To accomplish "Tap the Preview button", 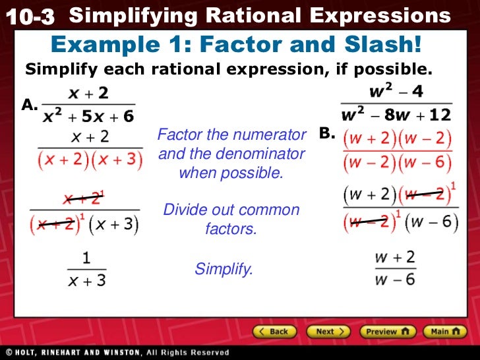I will click(x=387, y=332).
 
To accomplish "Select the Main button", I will click(x=445, y=332).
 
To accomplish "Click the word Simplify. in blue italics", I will click(x=224, y=269).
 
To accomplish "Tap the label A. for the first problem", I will click(x=30, y=105).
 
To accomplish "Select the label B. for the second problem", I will click(x=328, y=133).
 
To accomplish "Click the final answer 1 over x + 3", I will click(x=86, y=270).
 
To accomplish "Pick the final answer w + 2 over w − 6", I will click(x=395, y=268).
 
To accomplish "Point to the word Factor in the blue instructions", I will click(x=179, y=135).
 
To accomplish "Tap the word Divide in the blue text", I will click(x=184, y=210).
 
